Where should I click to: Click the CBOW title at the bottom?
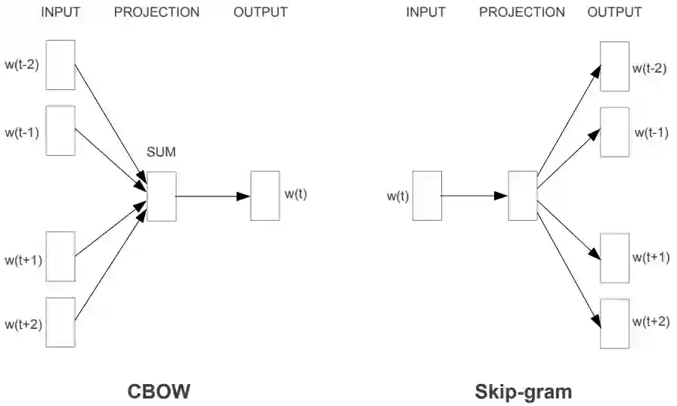point(158,392)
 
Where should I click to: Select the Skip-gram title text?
point(523,392)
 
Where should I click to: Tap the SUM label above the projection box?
point(161,153)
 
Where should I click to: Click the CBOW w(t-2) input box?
point(60,64)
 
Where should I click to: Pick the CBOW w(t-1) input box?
point(60,130)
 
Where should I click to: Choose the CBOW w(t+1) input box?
point(60,256)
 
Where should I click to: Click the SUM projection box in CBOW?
point(161,197)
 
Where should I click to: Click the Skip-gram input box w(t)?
point(427,196)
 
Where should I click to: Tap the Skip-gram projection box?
point(522,196)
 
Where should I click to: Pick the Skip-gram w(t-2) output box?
point(614,66)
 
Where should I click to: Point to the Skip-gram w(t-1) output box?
point(614,132)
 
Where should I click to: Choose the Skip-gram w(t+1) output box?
point(614,257)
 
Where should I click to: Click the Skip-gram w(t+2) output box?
point(614,323)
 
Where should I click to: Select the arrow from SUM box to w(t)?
point(212,197)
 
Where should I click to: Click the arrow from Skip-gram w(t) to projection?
point(475,196)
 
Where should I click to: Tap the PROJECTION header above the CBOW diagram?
point(156,12)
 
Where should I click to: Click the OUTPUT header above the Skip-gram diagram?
point(614,12)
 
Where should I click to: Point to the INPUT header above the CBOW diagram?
point(60,12)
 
